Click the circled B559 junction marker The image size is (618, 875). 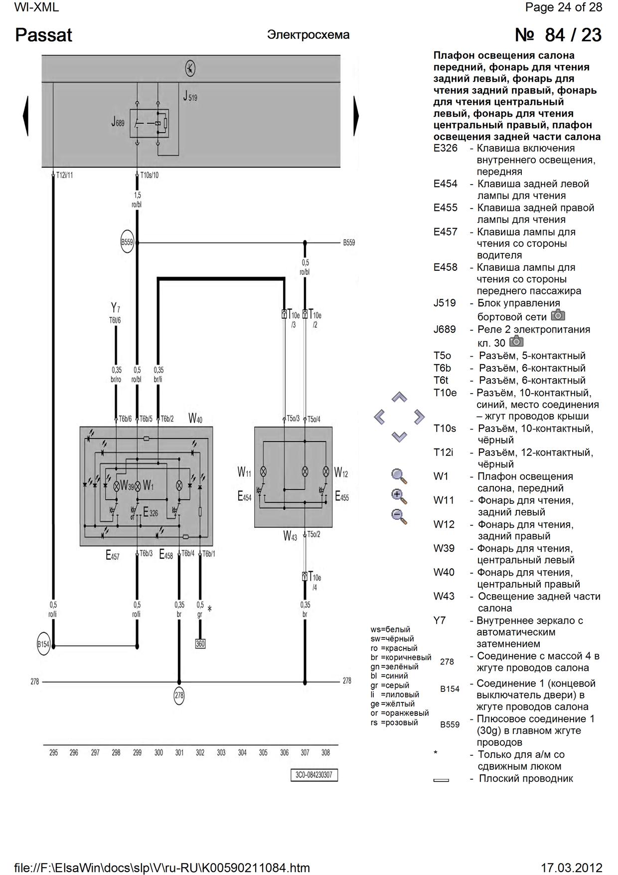point(127,243)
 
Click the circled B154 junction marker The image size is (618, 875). point(43,645)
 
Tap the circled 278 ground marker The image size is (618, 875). point(178,695)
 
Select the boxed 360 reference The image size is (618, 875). point(200,644)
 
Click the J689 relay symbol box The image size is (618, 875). point(149,123)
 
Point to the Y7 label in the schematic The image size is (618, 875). point(115,307)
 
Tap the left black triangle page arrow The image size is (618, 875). point(25,116)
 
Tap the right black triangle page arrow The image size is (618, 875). point(356,116)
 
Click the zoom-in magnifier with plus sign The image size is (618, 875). point(399,496)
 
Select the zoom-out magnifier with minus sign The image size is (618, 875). point(399,516)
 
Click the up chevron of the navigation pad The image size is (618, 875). point(399,398)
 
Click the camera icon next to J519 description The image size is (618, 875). point(558,315)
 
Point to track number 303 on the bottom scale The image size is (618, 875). point(221,753)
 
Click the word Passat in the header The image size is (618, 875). point(43,35)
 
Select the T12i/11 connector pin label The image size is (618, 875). point(64,176)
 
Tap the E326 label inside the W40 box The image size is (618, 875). point(150,512)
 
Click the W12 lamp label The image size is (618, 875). point(341,472)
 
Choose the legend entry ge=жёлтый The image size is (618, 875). point(393,704)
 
